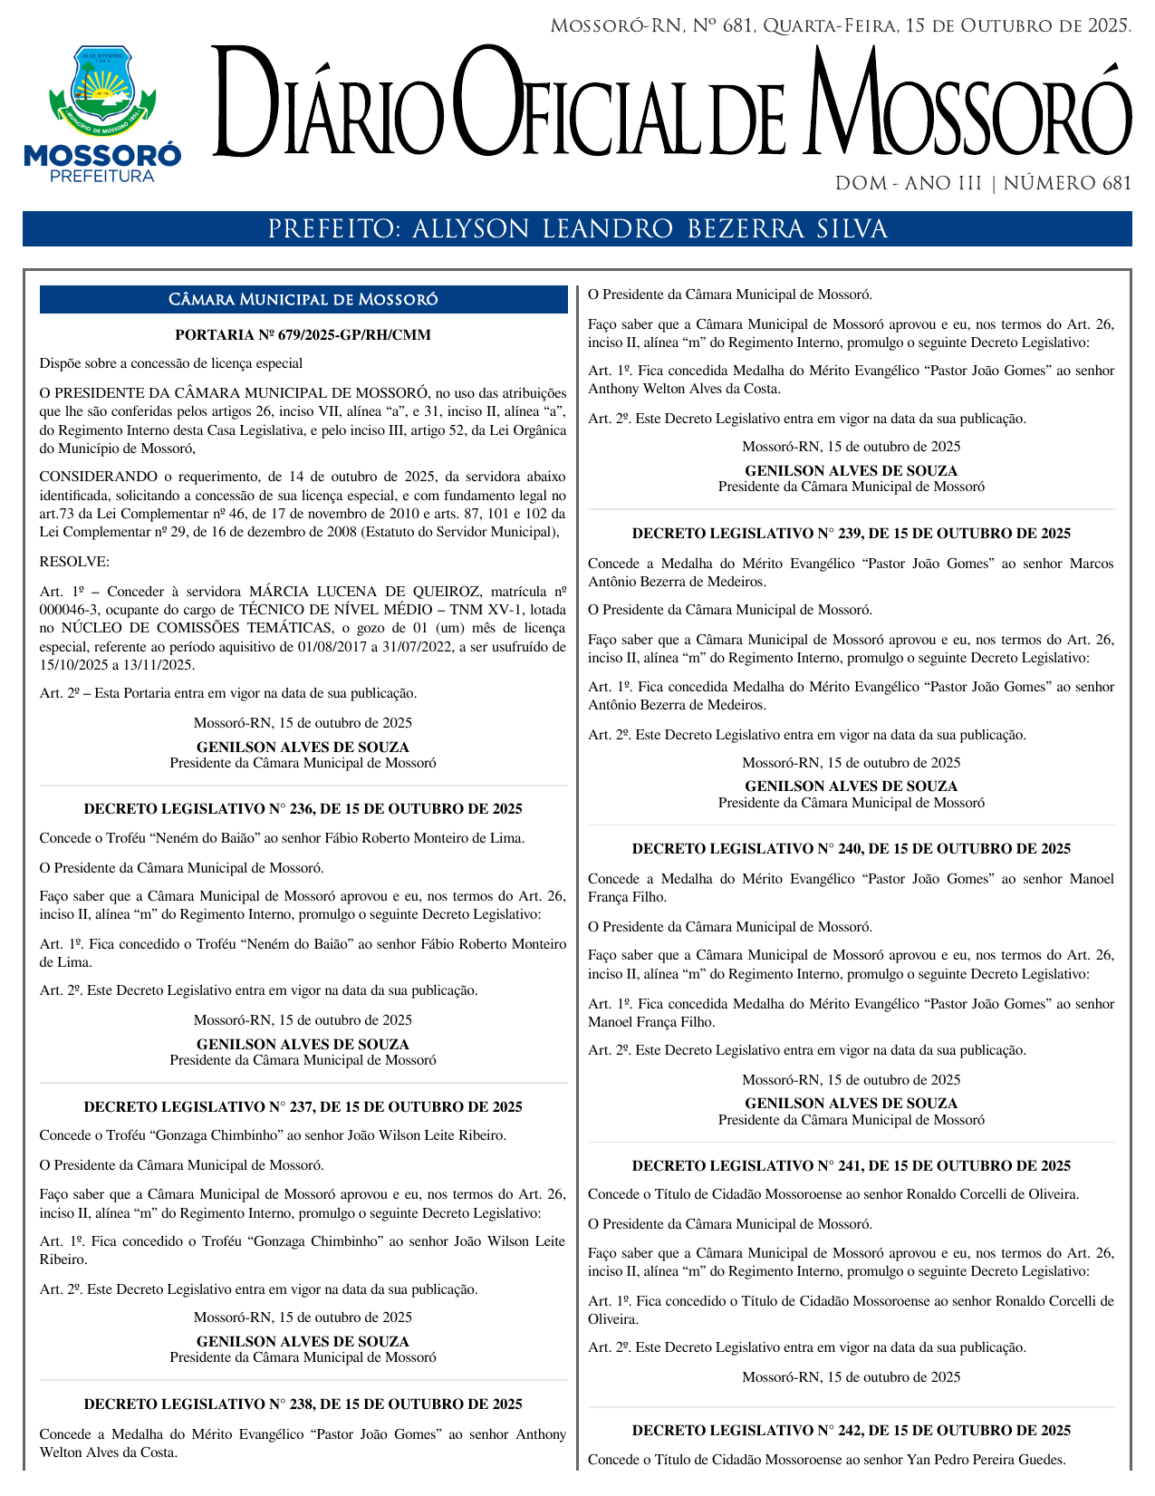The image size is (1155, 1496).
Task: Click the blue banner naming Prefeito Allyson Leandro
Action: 577,229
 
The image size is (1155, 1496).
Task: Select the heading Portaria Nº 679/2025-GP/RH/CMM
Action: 303,335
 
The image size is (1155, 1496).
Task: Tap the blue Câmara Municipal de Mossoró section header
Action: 303,300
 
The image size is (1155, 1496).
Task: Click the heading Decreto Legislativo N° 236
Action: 303,809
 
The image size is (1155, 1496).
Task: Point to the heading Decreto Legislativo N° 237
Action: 303,1107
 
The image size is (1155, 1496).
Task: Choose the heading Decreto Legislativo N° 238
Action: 303,1404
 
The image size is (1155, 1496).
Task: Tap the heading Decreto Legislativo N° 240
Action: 851,850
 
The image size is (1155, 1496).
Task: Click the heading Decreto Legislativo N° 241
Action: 851,1166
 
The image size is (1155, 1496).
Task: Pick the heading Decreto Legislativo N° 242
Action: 851,1431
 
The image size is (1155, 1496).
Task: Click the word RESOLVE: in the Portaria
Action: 74,562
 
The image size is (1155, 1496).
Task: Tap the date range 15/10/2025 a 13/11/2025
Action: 117,665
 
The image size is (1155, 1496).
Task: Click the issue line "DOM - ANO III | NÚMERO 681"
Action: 983,184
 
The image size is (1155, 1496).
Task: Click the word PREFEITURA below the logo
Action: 102,177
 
